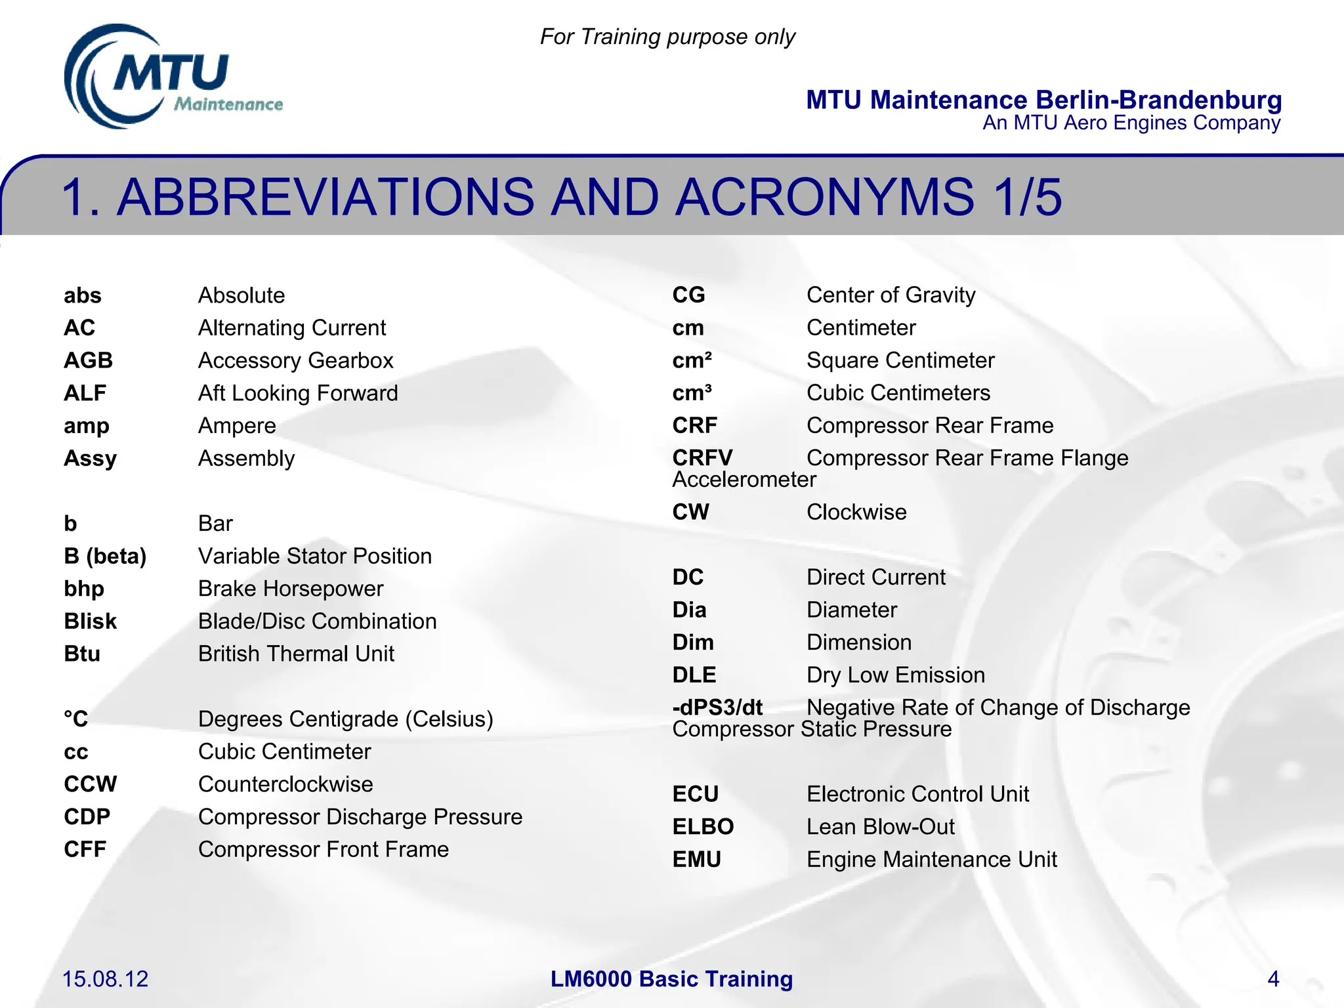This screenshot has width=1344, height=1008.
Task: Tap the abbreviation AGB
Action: pos(88,360)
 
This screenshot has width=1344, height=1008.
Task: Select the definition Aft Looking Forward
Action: pos(298,393)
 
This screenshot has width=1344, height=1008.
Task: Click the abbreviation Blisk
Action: pos(90,621)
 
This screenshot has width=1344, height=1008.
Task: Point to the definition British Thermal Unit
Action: pos(296,654)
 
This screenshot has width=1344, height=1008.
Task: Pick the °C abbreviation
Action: pos(75,719)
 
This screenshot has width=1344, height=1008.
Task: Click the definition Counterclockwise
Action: pos(285,784)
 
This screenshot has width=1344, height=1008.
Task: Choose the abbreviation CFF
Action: pos(85,849)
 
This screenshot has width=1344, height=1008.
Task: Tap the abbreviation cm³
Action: pos(692,393)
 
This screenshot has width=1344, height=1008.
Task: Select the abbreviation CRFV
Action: pos(702,458)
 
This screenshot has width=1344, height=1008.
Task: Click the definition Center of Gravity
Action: pos(891,295)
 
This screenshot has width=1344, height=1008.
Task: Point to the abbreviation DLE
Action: pos(694,675)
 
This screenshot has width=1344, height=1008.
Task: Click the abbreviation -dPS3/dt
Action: pos(717,707)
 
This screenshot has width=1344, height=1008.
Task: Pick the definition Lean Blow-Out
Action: pos(880,827)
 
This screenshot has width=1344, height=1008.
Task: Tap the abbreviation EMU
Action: pos(696,859)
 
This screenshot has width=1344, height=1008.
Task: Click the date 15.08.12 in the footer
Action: pos(105,979)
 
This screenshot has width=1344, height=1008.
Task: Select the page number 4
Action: pos(1272,979)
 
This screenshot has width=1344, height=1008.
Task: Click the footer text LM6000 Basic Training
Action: pos(671,979)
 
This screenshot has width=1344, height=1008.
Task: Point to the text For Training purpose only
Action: pos(667,37)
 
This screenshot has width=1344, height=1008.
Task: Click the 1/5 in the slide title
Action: pos(1026,197)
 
